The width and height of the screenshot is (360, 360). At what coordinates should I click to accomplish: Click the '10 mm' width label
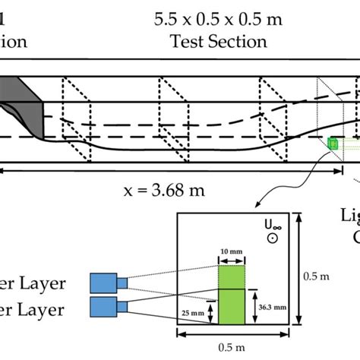[232, 251]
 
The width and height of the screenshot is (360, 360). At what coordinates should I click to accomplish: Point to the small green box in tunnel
[333, 143]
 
